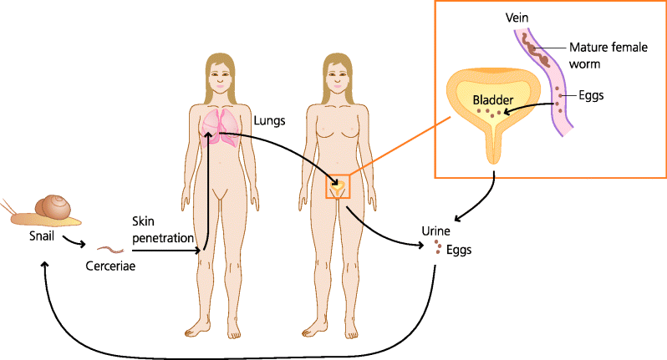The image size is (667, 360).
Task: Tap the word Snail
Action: [x=42, y=237]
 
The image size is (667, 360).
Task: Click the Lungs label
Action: [x=269, y=120]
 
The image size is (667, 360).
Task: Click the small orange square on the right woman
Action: [x=338, y=186]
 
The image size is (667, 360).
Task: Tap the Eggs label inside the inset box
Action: [x=590, y=95]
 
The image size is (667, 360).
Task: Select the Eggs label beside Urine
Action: [x=459, y=249]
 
